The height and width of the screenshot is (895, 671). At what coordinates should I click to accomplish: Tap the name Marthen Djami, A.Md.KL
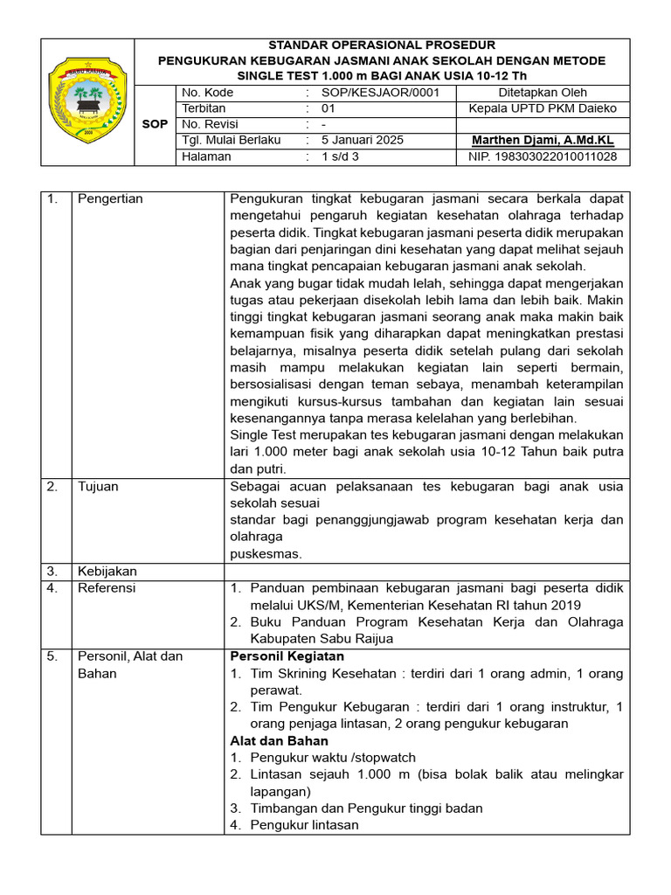pos(543,140)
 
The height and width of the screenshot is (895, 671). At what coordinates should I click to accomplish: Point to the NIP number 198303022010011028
pos(543,156)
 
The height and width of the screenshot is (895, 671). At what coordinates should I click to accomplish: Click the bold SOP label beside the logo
pos(155,124)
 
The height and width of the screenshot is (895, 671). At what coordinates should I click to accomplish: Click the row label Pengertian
pos(110,198)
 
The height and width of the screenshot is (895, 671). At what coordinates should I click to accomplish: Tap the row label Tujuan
pos(98,486)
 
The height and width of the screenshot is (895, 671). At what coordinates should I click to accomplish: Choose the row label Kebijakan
pos(107,571)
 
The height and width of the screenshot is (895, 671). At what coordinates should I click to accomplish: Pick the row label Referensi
pos(107,588)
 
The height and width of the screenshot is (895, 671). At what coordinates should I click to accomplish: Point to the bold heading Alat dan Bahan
pos(279,740)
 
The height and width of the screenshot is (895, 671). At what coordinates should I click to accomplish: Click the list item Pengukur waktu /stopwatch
pos(332,758)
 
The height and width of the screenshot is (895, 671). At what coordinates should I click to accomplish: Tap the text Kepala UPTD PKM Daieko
pos(543,108)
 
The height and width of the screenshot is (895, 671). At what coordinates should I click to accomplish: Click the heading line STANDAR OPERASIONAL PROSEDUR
pos(382,45)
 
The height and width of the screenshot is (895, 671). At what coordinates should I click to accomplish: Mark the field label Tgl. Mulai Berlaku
pos(231,140)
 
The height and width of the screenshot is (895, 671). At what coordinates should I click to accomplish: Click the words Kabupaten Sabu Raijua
pos(322,638)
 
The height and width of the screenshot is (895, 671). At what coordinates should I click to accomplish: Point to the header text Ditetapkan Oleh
pos(543,93)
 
